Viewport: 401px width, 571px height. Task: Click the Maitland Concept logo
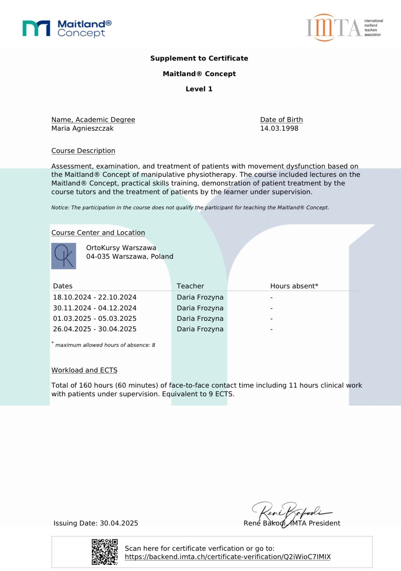[x=67, y=29]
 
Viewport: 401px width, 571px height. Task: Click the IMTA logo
[x=344, y=28]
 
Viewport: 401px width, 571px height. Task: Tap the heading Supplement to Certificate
[x=199, y=58]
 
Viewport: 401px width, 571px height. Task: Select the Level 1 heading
[x=199, y=89]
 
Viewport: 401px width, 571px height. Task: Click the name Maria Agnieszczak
[x=82, y=128]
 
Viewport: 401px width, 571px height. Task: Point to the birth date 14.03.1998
[x=279, y=128]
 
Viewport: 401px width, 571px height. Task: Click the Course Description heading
[x=83, y=151]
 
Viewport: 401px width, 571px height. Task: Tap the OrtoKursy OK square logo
[x=64, y=256]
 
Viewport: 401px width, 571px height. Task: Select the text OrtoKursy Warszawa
[x=121, y=248]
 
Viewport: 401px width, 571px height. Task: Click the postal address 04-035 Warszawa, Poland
[x=130, y=257]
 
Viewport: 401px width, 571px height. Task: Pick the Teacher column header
[x=190, y=286]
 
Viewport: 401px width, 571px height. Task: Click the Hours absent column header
[x=294, y=286]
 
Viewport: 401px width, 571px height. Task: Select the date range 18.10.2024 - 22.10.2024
[x=95, y=297]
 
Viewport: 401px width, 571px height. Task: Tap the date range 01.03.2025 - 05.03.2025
[x=95, y=319]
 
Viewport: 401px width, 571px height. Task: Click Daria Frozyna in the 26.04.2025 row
[x=200, y=329]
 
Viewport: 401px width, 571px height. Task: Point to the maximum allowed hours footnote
[x=105, y=345]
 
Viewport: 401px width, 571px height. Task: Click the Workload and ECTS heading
[x=84, y=370]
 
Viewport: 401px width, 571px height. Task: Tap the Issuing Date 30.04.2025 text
[x=96, y=523]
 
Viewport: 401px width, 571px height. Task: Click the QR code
[x=104, y=552]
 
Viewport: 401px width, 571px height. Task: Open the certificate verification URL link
[x=227, y=557]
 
